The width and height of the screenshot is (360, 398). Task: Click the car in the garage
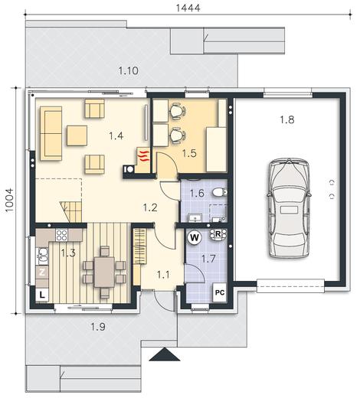[289, 208]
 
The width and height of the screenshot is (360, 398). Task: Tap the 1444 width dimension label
[188, 8]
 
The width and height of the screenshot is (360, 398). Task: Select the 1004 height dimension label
[9, 200]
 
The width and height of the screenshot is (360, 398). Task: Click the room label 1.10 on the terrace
[128, 70]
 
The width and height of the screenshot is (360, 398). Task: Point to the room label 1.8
[287, 119]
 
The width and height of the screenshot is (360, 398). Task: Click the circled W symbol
[195, 238]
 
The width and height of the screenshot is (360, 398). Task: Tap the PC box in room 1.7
[220, 292]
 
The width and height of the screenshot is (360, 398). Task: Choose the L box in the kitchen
[42, 295]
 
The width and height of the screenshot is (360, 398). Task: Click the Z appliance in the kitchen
[42, 272]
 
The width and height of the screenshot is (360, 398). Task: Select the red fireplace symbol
[143, 156]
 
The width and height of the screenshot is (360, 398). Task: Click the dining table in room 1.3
[104, 272]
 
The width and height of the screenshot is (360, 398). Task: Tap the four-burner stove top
[61, 235]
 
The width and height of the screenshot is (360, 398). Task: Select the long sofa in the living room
[51, 133]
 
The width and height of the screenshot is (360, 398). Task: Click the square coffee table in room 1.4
[77, 135]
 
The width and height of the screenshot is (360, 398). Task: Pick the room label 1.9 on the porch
[98, 327]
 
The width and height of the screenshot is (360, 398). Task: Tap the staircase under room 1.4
[71, 211]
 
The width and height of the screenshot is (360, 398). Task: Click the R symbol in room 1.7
[218, 234]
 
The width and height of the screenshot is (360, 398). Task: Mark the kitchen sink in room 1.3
[43, 256]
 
